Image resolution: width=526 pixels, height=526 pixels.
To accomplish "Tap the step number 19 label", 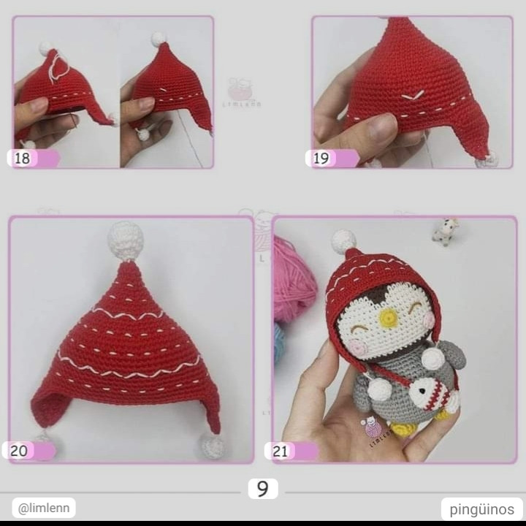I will (x=321, y=159).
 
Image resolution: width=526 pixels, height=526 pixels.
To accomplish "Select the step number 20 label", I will (x=20, y=451).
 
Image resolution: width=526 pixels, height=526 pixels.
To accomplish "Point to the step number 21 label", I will (x=281, y=451).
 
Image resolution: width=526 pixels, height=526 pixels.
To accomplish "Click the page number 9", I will (x=262, y=489).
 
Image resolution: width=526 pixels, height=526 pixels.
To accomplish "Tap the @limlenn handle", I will (x=43, y=508).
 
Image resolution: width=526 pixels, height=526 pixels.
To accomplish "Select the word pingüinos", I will (x=481, y=509).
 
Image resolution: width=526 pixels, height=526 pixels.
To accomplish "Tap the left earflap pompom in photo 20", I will (x=43, y=438).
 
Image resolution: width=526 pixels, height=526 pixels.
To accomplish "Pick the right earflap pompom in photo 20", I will (x=213, y=445).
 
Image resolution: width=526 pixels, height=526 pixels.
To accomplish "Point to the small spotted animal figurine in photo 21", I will (x=445, y=231).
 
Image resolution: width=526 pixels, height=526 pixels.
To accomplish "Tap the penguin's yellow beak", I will (x=389, y=318).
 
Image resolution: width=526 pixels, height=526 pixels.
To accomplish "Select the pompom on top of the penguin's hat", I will (x=343, y=240).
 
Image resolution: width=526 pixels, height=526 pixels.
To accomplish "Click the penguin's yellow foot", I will (x=401, y=427).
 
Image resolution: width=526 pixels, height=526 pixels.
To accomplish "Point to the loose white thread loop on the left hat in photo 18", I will (x=58, y=67).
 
